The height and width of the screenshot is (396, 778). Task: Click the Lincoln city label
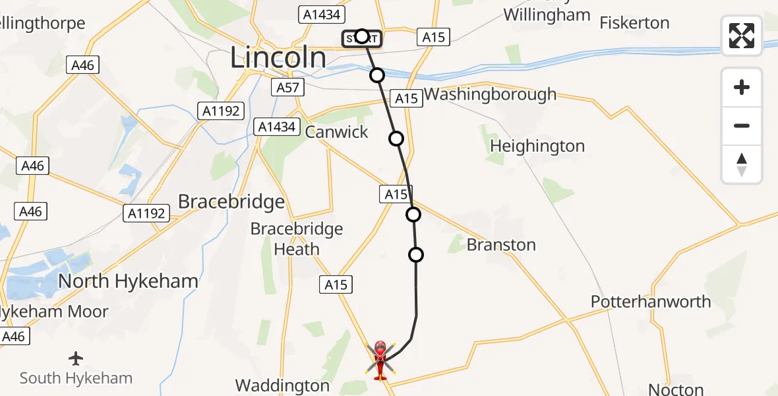278,58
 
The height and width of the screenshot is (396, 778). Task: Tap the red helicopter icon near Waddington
380,359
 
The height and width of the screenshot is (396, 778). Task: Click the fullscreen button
742,36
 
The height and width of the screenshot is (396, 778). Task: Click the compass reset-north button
742,164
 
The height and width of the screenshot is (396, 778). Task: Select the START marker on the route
361,39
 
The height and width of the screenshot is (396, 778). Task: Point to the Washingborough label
490,94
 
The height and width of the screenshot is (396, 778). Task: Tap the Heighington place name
537,146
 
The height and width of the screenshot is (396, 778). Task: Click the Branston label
501,245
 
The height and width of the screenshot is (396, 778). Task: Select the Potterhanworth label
651,302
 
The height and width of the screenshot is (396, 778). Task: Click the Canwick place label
336,131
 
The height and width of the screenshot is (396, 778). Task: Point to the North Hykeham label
128,281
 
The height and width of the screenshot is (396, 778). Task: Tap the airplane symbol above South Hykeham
76,358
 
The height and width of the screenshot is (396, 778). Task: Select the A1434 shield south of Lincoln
278,127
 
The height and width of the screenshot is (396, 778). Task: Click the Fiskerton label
634,23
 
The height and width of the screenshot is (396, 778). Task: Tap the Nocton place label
676,389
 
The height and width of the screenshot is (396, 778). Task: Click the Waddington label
282,385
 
